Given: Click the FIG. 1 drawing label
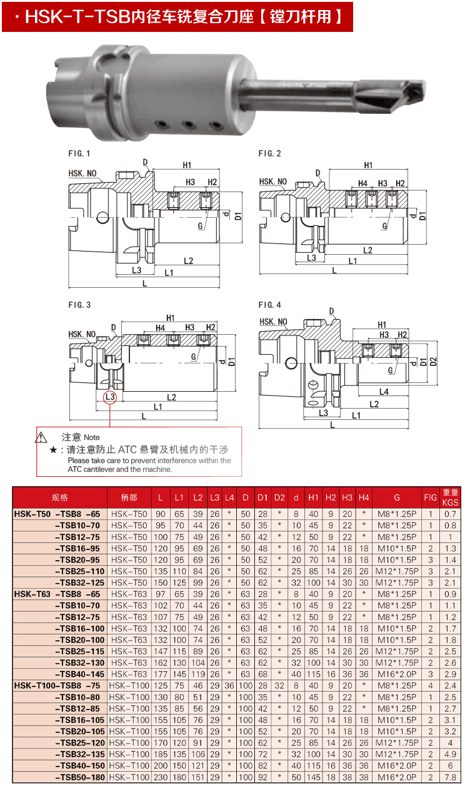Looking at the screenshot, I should [x=79, y=153].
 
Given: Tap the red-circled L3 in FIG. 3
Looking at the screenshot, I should [x=111, y=397].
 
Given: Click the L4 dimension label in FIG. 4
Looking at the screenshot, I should [x=384, y=391].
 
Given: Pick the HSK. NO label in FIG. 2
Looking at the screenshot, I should [x=272, y=182].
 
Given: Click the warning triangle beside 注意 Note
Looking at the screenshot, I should [x=42, y=437].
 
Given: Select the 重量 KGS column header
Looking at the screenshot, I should [x=450, y=498].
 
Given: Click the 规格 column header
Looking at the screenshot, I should [x=60, y=498].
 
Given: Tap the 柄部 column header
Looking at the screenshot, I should [x=129, y=498].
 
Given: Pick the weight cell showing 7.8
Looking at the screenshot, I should [x=450, y=777].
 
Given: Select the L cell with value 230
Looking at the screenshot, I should [x=161, y=777].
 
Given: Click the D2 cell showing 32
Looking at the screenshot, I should [x=279, y=685].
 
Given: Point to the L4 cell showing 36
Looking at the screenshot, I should [x=229, y=685].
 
